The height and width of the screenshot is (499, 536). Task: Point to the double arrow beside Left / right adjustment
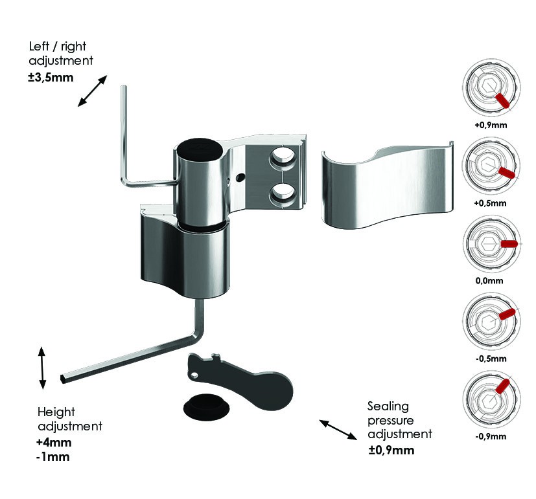(93, 90)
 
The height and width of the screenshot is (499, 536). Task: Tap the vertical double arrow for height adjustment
(42, 368)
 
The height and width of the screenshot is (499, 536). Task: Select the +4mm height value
(54, 443)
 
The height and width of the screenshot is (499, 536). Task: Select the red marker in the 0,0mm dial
(509, 244)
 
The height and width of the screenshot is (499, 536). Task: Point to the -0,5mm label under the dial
(490, 358)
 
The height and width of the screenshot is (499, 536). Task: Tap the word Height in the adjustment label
(56, 412)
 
